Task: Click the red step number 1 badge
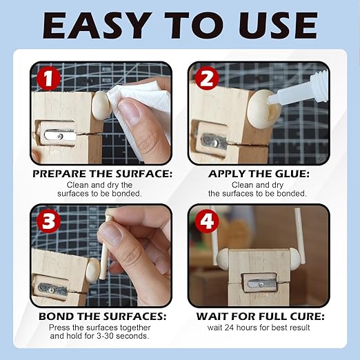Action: [47, 78]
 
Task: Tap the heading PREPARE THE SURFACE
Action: [102, 174]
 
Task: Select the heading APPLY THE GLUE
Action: [259, 174]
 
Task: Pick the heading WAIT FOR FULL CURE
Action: [259, 317]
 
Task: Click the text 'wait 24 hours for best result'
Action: [259, 328]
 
